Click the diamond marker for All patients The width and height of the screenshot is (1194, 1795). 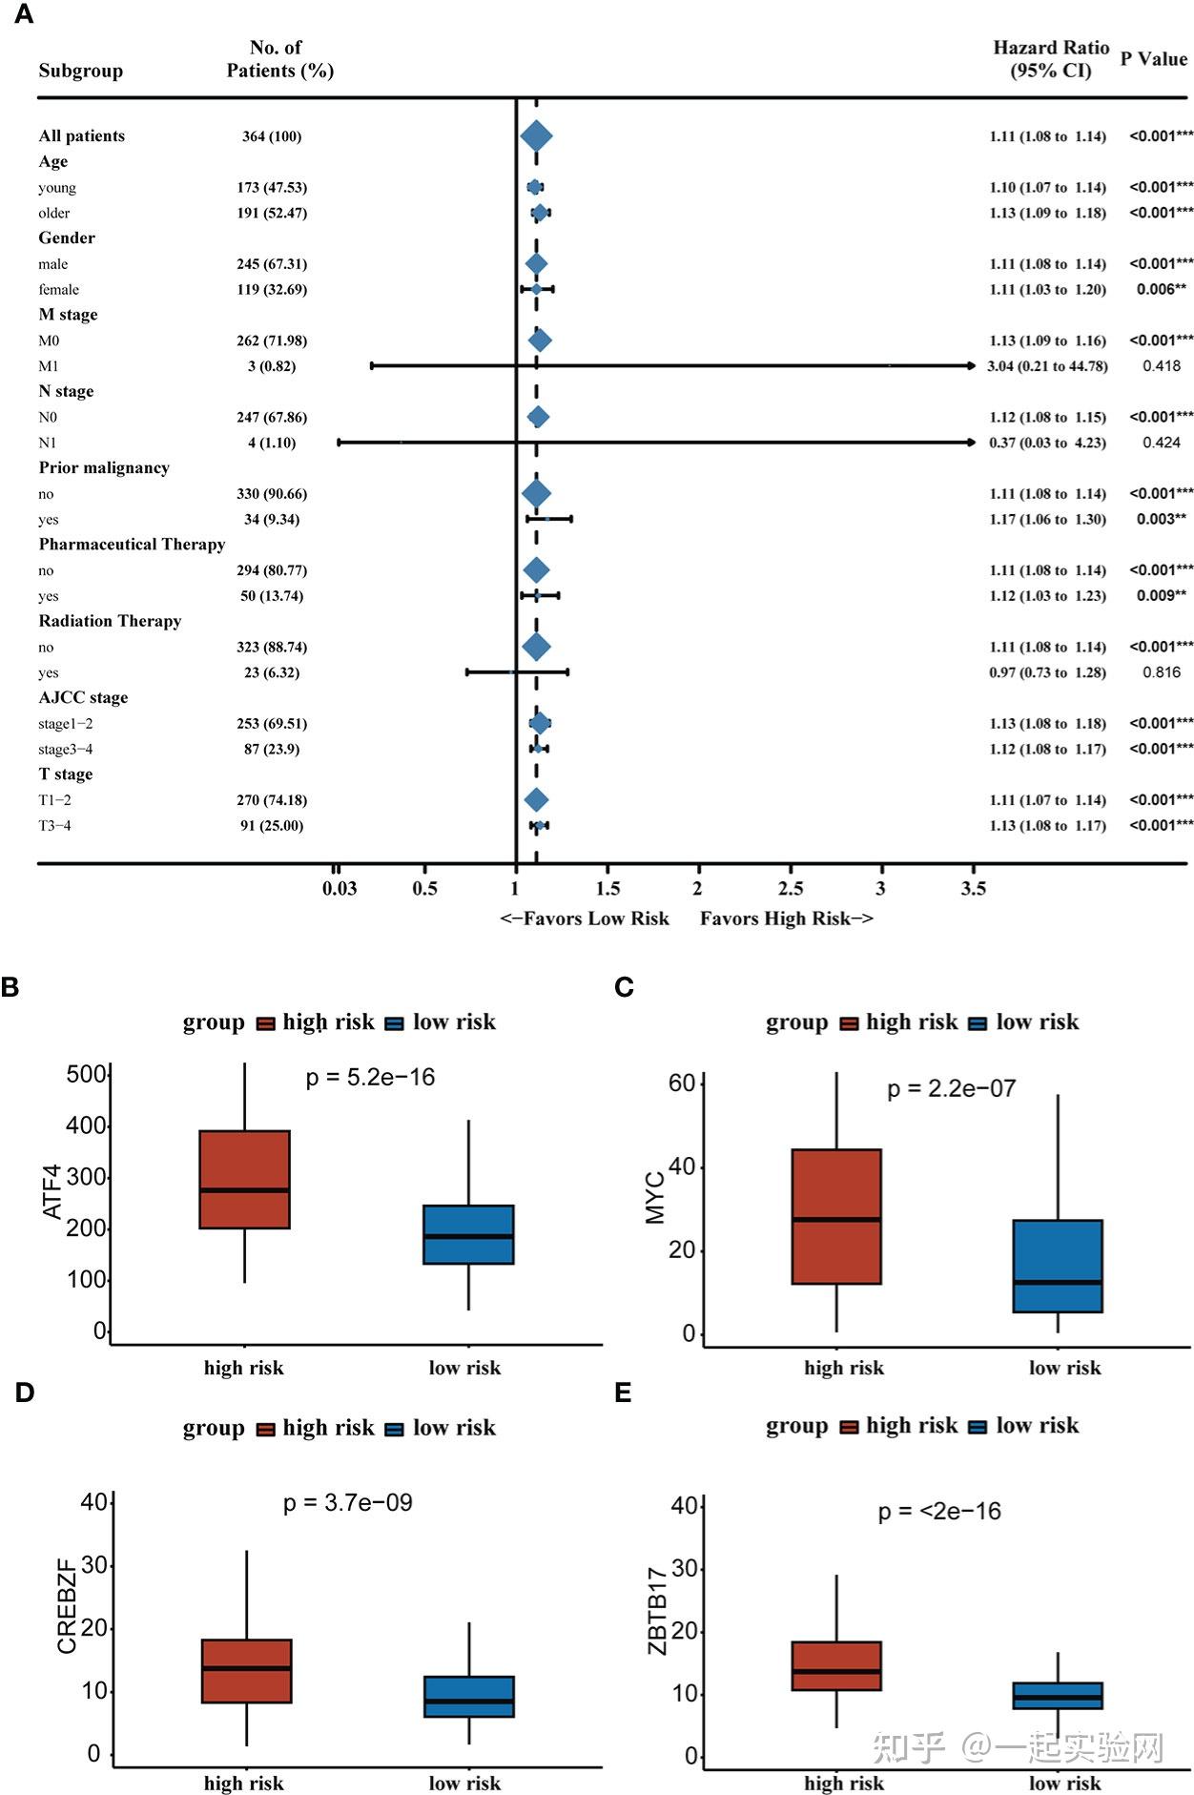[536, 136]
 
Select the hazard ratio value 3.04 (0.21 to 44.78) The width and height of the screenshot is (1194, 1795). [1047, 366]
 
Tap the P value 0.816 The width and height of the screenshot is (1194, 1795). [1162, 672]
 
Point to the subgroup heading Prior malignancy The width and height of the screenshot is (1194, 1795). [104, 467]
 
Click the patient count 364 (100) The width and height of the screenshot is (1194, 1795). [272, 136]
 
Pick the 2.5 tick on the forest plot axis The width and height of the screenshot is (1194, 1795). [791, 889]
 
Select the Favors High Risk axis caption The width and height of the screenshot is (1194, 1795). [786, 918]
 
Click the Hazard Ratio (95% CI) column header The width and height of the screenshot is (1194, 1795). [1051, 59]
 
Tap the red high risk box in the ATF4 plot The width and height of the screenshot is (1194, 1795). [245, 1179]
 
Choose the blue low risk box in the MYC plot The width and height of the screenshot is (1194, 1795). [1059, 1266]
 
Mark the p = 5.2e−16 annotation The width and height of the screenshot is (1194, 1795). [370, 1078]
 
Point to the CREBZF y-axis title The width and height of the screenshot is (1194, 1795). [67, 1606]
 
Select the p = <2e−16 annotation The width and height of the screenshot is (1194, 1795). [939, 1512]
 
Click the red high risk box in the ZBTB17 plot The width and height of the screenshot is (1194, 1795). [836, 1665]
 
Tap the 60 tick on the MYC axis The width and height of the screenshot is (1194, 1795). [682, 1083]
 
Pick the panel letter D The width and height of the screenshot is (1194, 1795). [25, 1393]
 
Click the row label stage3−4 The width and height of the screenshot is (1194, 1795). [66, 750]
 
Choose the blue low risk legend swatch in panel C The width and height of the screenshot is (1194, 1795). [978, 1023]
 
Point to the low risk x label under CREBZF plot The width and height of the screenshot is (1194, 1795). [464, 1783]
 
